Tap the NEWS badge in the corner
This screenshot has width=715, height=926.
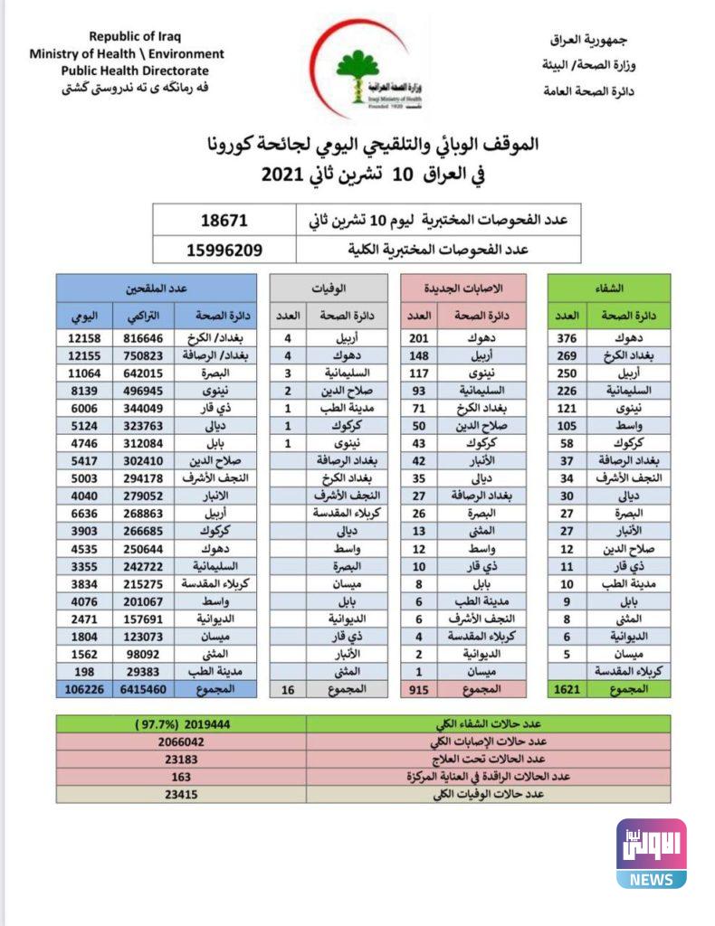(x=651, y=880)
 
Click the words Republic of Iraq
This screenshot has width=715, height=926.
(x=135, y=37)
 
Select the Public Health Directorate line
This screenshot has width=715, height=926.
(x=135, y=71)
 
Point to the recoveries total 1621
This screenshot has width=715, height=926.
(x=567, y=688)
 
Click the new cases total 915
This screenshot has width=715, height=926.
(x=419, y=688)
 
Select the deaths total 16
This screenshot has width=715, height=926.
(x=287, y=688)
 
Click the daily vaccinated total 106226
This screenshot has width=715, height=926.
(x=81, y=688)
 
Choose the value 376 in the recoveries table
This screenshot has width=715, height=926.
(x=567, y=337)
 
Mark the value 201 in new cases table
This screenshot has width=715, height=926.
(x=419, y=337)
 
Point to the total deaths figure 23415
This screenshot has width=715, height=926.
(x=181, y=794)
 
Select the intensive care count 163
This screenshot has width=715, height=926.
(x=181, y=776)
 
